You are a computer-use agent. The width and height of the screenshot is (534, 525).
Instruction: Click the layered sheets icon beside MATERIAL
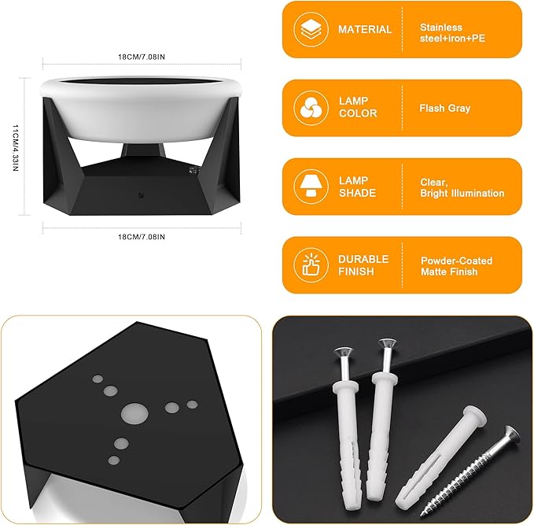tap(311, 29)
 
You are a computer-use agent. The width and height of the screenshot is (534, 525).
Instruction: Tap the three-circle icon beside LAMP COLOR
tap(311, 108)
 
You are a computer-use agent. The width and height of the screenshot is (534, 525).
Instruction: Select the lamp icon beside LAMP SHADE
tap(311, 187)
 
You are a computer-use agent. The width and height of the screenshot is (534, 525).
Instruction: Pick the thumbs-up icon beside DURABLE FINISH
tap(311, 265)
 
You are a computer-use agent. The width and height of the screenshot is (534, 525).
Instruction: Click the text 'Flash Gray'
tap(445, 109)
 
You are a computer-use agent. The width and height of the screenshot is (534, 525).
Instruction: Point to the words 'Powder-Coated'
tap(456, 261)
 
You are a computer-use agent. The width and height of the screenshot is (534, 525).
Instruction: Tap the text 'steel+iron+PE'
tap(452, 39)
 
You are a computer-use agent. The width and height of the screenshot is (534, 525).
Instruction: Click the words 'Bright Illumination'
tap(462, 194)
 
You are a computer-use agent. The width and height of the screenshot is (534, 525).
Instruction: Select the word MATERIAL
tap(365, 29)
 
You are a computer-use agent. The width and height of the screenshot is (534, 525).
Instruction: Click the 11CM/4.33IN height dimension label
tap(15, 147)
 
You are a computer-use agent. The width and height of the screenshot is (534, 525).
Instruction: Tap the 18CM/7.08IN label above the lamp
tap(142, 57)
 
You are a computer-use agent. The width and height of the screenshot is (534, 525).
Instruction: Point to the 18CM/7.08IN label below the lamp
tap(142, 237)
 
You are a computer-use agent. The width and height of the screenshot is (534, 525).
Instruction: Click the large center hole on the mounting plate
tap(134, 414)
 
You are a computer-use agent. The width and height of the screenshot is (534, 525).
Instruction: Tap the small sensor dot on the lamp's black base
tap(141, 195)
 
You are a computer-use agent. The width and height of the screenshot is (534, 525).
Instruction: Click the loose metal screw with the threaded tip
tap(470, 471)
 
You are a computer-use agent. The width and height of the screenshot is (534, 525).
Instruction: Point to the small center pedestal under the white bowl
tap(143, 150)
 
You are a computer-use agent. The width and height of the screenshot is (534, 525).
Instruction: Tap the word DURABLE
tap(363, 259)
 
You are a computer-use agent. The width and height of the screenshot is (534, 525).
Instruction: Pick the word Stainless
tap(441, 28)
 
